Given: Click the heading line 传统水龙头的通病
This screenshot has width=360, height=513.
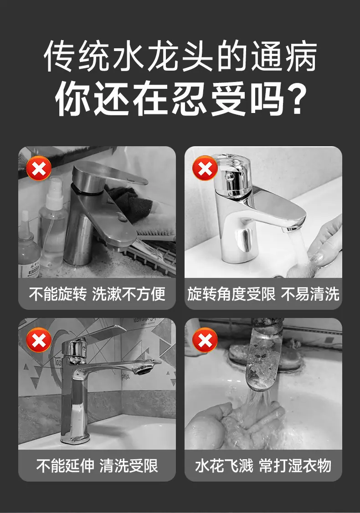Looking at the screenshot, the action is tap(180, 56).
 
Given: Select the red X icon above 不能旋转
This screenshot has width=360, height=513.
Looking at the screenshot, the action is tap(39, 169).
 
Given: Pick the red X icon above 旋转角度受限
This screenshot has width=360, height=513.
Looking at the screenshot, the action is tap(205, 168).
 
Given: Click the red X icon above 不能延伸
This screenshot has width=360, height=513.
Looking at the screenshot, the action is tap(39, 340).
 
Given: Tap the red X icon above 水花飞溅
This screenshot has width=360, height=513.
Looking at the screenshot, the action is tap(205, 340).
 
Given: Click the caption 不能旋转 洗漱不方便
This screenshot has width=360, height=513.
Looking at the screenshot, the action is tap(97, 294).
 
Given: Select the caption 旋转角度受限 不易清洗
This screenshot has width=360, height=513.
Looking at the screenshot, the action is tap(263, 294).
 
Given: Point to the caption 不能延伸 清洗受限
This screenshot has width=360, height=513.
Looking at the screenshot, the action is tap(97, 466).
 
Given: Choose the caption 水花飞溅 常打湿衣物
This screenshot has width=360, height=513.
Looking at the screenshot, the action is tap(263, 466).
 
